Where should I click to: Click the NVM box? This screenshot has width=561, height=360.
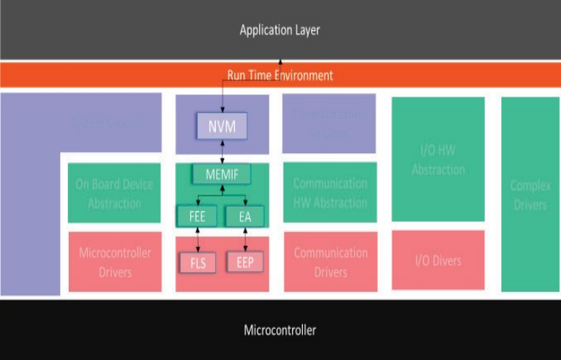click(222, 126)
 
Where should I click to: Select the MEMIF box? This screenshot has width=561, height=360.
click(221, 174)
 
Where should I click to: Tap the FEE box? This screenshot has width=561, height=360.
click(198, 217)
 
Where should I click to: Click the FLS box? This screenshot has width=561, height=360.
click(198, 263)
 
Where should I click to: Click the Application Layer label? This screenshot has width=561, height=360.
click(279, 30)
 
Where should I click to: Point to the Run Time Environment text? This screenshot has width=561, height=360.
click(279, 75)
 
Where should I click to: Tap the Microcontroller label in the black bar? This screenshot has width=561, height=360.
click(279, 330)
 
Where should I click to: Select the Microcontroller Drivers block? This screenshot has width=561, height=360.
click(114, 261)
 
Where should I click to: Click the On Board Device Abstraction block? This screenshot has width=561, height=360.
click(114, 193)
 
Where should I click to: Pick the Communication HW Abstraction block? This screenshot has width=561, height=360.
click(330, 193)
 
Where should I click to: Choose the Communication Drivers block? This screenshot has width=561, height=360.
click(330, 261)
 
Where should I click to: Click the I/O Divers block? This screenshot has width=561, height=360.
click(438, 260)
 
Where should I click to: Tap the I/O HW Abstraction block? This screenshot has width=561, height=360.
click(438, 160)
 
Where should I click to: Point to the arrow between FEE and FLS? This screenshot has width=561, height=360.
click(198, 239)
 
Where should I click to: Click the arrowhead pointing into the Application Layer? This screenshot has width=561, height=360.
click(279, 62)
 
